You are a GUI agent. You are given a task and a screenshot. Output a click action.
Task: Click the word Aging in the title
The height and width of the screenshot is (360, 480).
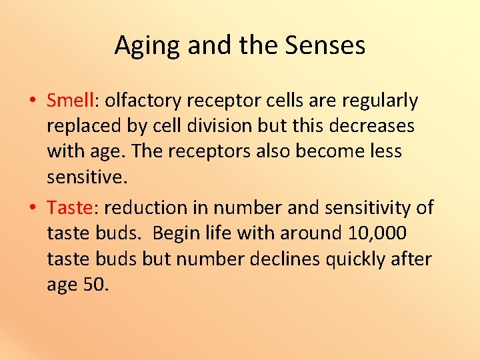tap(148, 46)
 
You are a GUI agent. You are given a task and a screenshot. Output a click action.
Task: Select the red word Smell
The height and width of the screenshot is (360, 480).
tap(71, 101)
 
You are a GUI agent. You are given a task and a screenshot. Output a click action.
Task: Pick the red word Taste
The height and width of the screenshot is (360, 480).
tap(69, 208)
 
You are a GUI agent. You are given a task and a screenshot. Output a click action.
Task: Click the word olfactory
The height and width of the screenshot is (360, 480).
tap(143, 101)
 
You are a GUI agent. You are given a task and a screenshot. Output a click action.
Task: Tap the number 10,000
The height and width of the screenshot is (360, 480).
tap(377, 233)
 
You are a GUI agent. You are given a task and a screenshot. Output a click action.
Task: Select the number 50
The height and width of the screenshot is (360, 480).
tap(95, 284)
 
